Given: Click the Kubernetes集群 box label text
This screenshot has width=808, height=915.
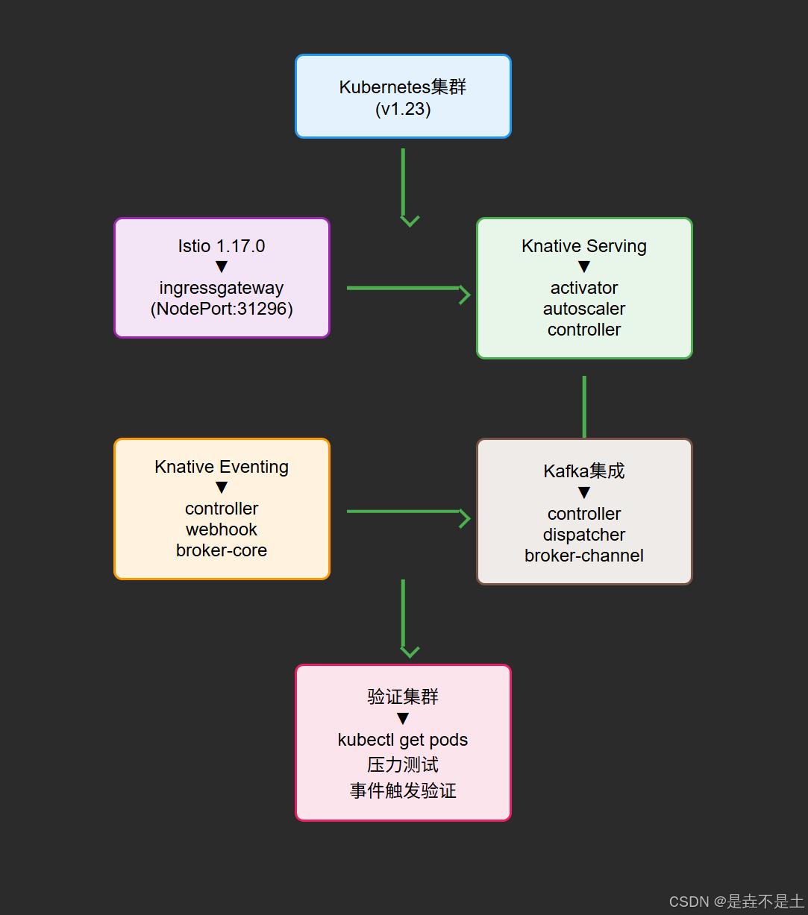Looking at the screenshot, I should click(x=403, y=87).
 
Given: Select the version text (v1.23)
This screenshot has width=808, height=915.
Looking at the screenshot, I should click(x=403, y=109).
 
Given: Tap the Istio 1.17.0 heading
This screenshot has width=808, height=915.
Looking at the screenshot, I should click(x=222, y=246).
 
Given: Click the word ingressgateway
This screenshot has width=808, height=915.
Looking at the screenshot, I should click(x=222, y=288).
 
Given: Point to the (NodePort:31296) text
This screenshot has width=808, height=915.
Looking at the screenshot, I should click(x=222, y=309).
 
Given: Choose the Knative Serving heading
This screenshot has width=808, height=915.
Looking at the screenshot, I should click(x=584, y=246).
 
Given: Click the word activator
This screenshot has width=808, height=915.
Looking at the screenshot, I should click(x=584, y=288).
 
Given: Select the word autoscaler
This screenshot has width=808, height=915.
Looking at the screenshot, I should click(x=584, y=309).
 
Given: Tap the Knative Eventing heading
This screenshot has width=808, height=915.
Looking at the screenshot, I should click(x=222, y=467).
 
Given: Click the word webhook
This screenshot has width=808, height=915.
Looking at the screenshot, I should click(x=222, y=529).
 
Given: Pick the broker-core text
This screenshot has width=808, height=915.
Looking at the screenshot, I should click(x=222, y=550).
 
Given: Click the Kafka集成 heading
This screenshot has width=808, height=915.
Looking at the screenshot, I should click(x=584, y=471).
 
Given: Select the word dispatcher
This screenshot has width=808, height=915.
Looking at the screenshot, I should click(x=584, y=535).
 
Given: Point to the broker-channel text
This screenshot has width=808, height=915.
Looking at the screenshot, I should click(x=584, y=556).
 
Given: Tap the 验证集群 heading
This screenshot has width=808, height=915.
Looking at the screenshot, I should click(x=403, y=697).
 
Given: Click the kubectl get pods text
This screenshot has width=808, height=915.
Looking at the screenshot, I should click(x=403, y=740).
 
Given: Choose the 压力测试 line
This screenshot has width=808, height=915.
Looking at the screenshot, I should click(x=403, y=764).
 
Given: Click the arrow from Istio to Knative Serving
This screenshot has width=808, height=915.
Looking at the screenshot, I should click(x=407, y=288).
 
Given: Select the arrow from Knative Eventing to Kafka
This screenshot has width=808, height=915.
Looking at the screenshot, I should click(x=407, y=512).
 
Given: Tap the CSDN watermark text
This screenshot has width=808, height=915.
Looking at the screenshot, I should click(x=736, y=902).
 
